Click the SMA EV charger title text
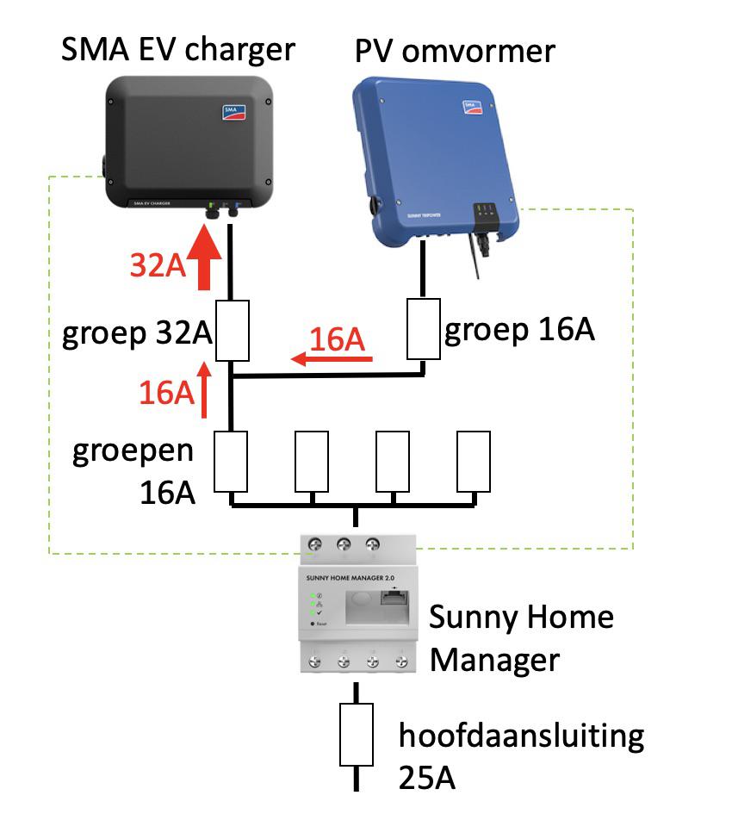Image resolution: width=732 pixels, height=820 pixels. pyautogui.click(x=177, y=50)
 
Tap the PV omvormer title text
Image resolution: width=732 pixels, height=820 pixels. pyautogui.click(x=455, y=51)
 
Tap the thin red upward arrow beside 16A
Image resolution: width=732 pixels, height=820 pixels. pyautogui.click(x=205, y=390)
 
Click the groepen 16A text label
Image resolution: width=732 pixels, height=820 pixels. pyautogui.click(x=133, y=473)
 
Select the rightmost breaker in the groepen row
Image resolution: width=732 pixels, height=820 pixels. pyautogui.click(x=473, y=461)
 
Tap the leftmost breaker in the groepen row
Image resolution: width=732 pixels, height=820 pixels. pyautogui.click(x=231, y=461)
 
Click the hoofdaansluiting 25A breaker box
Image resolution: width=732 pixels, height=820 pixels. pyautogui.click(x=357, y=735)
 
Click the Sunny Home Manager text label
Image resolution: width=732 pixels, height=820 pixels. pyautogui.click(x=521, y=638)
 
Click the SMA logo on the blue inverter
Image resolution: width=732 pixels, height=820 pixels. pyautogui.click(x=472, y=109)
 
